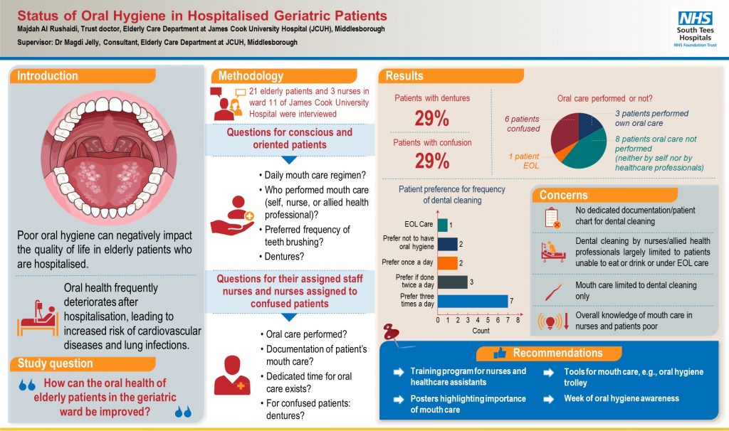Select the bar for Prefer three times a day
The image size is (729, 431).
tap(473, 300)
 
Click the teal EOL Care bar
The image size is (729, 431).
tap(442, 225)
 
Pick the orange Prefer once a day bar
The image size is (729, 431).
tap(447, 262)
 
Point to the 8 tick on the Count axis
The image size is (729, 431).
tap(518, 320)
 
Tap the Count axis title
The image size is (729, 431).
tap(481, 331)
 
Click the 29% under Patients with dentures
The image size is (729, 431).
tap(431, 117)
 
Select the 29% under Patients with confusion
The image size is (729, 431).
tap(431, 161)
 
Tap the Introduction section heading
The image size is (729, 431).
tap(48, 76)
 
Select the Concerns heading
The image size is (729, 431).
tap(563, 195)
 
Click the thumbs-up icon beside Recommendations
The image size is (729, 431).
tap(499, 353)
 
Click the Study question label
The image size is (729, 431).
tap(51, 364)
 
